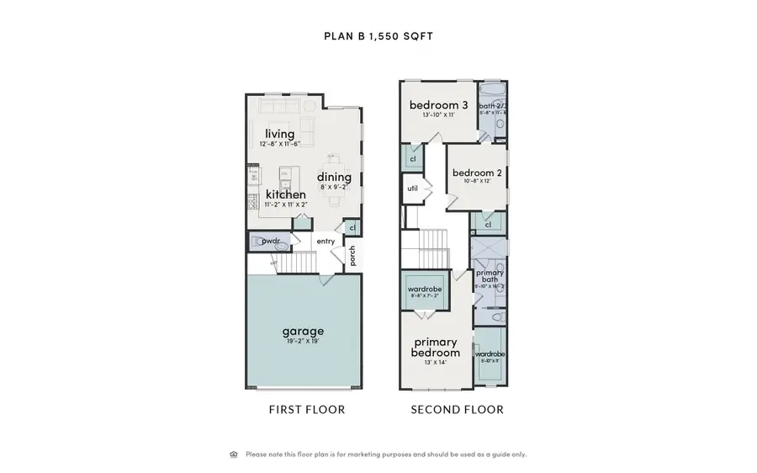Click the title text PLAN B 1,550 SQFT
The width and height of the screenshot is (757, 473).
click(x=378, y=36)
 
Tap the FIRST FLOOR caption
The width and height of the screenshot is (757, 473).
click(x=306, y=410)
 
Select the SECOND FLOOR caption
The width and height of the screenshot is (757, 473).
click(x=457, y=410)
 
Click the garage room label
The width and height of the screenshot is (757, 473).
click(x=303, y=331)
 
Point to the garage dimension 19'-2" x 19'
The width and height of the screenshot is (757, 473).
click(x=303, y=343)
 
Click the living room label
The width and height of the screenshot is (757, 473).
click(x=280, y=134)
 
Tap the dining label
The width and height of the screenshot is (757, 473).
click(x=334, y=177)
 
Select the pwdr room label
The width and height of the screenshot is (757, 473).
click(x=270, y=242)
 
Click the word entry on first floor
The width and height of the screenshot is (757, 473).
click(x=326, y=242)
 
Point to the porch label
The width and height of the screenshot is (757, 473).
click(x=353, y=255)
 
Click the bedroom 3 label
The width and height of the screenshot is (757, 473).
click(x=438, y=105)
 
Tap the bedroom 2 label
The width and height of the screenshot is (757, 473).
click(x=477, y=173)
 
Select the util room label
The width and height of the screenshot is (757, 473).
click(x=412, y=189)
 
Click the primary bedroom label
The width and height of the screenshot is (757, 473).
click(x=436, y=348)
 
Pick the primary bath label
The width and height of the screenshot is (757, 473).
click(x=490, y=277)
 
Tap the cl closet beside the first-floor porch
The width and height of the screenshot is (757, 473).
click(x=352, y=226)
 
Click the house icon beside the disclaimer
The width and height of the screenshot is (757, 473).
click(x=234, y=454)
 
